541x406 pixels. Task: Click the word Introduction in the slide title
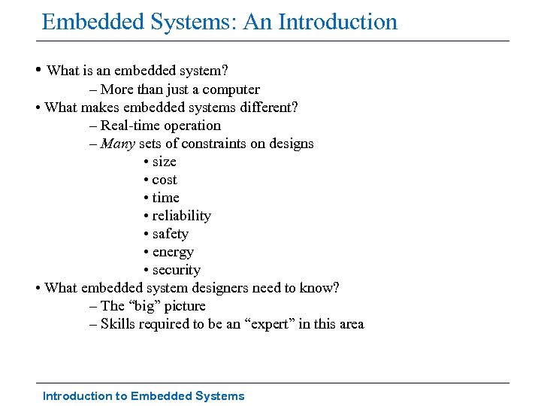337,22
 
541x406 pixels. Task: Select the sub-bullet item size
164,162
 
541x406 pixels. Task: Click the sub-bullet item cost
165,180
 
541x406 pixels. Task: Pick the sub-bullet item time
165,198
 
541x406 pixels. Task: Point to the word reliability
181,216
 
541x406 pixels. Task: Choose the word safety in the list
170,234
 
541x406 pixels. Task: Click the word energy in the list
173,252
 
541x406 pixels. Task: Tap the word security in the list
176,270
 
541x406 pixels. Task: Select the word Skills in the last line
117,324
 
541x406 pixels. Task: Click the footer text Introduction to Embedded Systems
144,395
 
